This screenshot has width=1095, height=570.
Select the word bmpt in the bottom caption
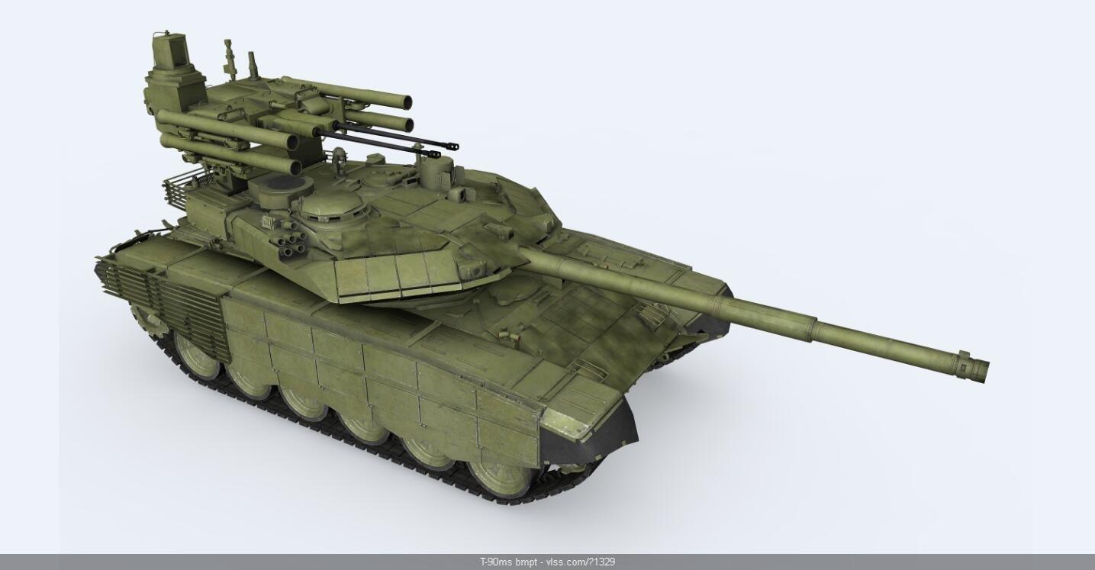[526, 562]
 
